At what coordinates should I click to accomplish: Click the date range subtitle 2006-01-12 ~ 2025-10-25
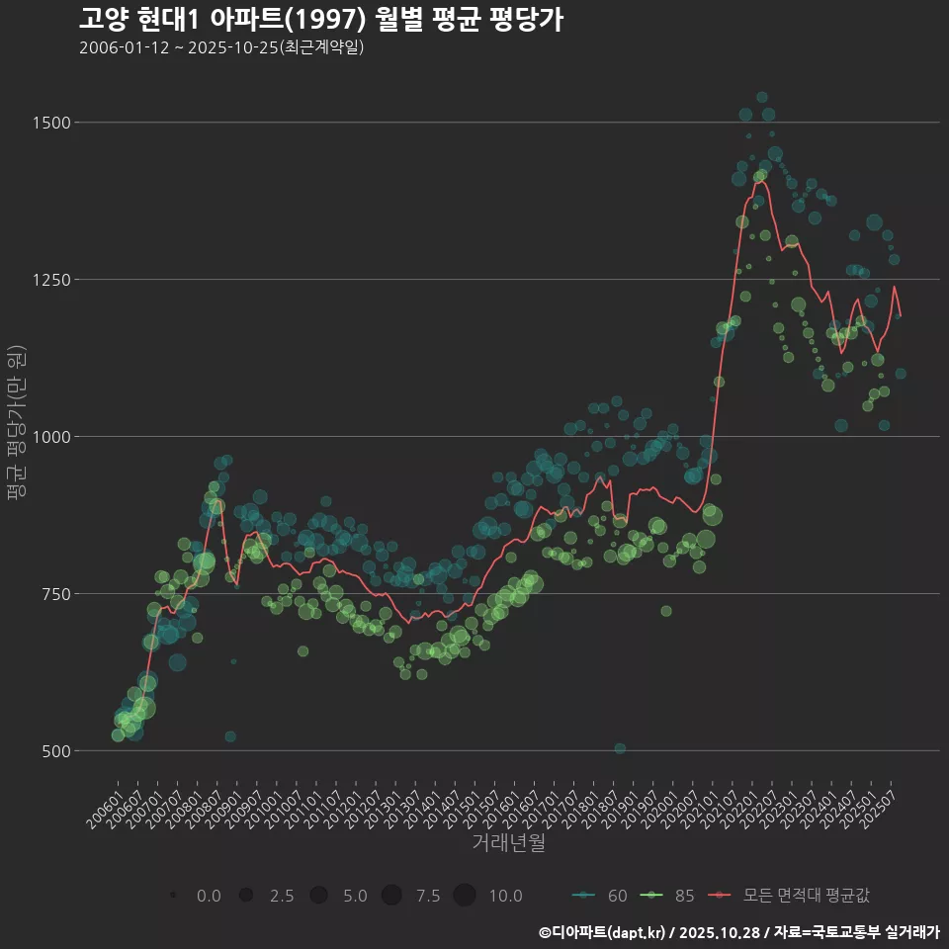[x=221, y=47]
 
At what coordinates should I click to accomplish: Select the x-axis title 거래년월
[x=508, y=842]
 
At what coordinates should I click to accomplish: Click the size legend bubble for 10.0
[x=465, y=896]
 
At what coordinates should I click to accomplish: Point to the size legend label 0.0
[x=209, y=896]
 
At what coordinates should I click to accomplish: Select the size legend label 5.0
[x=355, y=896]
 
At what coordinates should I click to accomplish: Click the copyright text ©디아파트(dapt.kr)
[x=601, y=931]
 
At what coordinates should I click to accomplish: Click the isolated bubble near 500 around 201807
[x=620, y=748]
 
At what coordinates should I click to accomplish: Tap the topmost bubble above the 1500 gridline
[x=762, y=98]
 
